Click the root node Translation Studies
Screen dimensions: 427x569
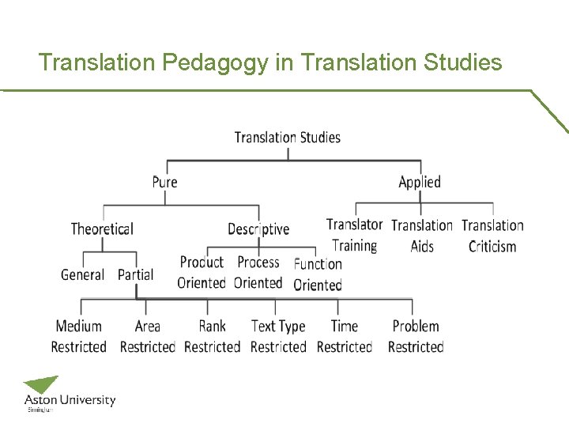pyautogui.click(x=287, y=138)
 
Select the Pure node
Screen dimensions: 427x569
pyautogui.click(x=164, y=182)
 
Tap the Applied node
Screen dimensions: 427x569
pyautogui.click(x=419, y=182)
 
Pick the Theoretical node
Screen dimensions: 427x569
pyautogui.click(x=102, y=229)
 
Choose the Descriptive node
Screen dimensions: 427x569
pyautogui.click(x=258, y=229)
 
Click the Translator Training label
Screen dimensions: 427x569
pyautogui.click(x=354, y=236)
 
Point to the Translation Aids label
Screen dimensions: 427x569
pyautogui.click(x=422, y=236)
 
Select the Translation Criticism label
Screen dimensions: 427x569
pyautogui.click(x=492, y=236)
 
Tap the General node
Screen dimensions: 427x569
pyautogui.click(x=82, y=275)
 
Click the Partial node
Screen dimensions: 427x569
pyautogui.click(x=135, y=275)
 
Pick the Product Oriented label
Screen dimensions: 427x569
pyautogui.click(x=202, y=273)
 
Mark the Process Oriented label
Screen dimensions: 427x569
pyautogui.click(x=258, y=273)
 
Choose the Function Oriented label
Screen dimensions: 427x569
pyautogui.click(x=318, y=274)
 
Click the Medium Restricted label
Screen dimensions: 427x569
pyautogui.click(x=78, y=336)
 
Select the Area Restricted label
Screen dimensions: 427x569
pyautogui.click(x=147, y=336)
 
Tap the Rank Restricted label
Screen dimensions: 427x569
pyautogui.click(x=212, y=336)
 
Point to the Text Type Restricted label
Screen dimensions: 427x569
pyautogui.click(x=278, y=336)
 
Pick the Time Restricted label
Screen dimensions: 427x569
pyautogui.click(x=345, y=336)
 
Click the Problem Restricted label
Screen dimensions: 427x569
pyautogui.click(x=416, y=336)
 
